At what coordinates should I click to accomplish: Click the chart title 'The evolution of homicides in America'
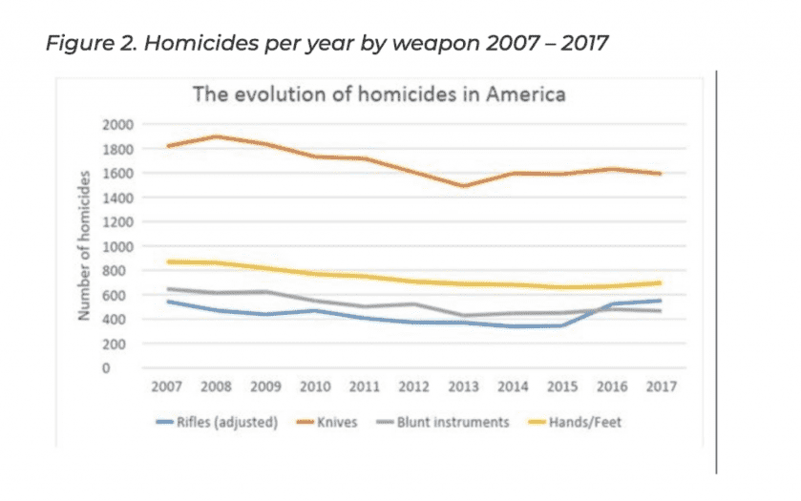379,94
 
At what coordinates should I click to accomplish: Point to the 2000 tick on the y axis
119,124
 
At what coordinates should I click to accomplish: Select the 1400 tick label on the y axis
119,198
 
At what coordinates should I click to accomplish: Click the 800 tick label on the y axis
123,270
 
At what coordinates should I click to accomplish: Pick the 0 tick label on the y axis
132,367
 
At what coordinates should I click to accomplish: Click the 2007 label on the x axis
167,388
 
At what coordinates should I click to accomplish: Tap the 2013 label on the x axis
464,388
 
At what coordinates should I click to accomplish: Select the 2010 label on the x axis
315,388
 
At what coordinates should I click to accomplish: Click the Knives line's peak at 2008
217,136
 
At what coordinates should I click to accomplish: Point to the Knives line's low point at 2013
464,186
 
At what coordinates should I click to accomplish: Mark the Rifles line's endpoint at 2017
660,301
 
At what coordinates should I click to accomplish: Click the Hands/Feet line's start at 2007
167,261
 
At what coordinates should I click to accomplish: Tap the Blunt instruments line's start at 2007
167,288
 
